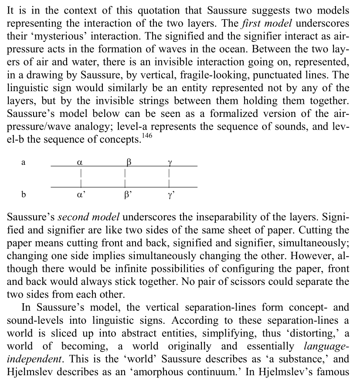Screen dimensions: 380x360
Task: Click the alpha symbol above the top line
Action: click(x=79, y=162)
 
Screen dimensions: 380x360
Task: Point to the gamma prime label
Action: click(x=170, y=194)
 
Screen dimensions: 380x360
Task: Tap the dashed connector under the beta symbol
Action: click(x=126, y=177)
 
